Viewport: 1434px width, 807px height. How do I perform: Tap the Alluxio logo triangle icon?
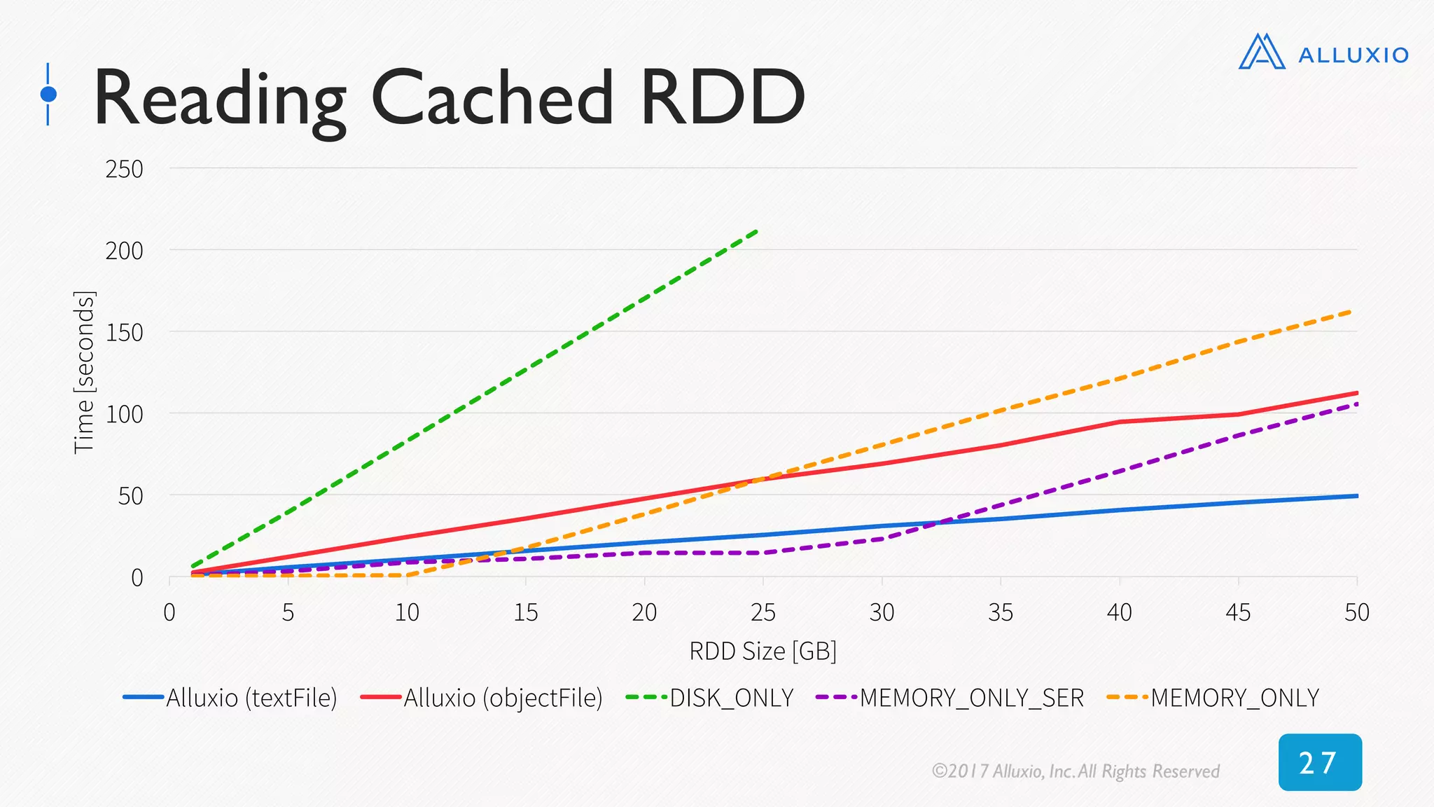1261,53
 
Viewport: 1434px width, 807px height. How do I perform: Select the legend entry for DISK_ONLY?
731,698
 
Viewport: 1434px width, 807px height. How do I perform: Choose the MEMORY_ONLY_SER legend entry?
971,698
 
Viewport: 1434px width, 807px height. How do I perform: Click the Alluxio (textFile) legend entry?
251,698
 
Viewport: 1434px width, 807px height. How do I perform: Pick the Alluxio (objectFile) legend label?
502,698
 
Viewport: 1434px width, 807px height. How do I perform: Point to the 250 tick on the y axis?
124,169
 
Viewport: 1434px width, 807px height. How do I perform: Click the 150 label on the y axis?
124,332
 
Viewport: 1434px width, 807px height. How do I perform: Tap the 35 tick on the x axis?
1001,612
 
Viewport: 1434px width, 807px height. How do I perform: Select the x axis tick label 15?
525,612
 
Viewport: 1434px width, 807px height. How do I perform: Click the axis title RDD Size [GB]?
763,651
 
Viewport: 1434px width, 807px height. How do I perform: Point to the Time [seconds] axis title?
84,372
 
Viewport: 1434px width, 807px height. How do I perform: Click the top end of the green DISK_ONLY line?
756,231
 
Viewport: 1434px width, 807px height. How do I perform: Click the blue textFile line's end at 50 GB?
1356,496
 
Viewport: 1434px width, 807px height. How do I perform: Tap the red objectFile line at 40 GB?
1120,422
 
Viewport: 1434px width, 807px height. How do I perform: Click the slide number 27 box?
1320,762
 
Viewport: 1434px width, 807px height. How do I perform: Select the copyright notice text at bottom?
1075,771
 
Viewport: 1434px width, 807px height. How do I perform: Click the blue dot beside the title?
48,94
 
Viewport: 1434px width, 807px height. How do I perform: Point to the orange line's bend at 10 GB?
407,575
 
